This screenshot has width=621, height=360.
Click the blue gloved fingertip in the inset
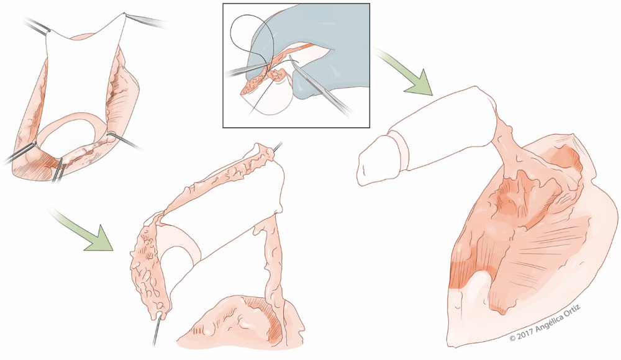305,92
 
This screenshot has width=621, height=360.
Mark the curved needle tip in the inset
290,56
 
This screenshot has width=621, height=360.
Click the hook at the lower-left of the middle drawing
157,327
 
